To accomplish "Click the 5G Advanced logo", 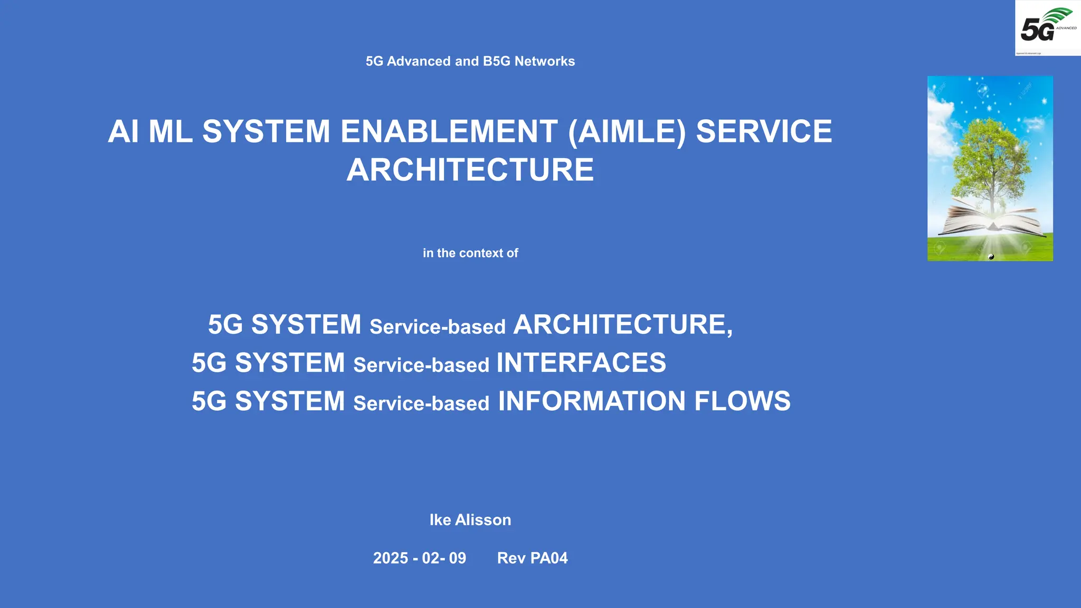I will (1047, 28).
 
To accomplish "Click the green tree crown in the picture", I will (992, 153).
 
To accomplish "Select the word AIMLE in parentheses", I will (627, 132).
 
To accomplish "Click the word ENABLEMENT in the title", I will (449, 132).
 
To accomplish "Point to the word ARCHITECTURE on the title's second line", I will (470, 170).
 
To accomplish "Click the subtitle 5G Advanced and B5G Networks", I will (470, 61).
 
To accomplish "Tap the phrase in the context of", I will (470, 253).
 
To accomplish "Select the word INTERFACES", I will (581, 363).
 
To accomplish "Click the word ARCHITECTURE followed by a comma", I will (623, 325).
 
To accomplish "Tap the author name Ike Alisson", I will (470, 520).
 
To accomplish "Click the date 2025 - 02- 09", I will (420, 558).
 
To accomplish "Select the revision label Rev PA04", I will (532, 558).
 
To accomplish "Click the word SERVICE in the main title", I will (764, 132).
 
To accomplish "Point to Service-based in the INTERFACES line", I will (421, 365).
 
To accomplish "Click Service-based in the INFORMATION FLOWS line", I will (421, 404).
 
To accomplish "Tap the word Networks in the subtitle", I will (545, 61).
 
